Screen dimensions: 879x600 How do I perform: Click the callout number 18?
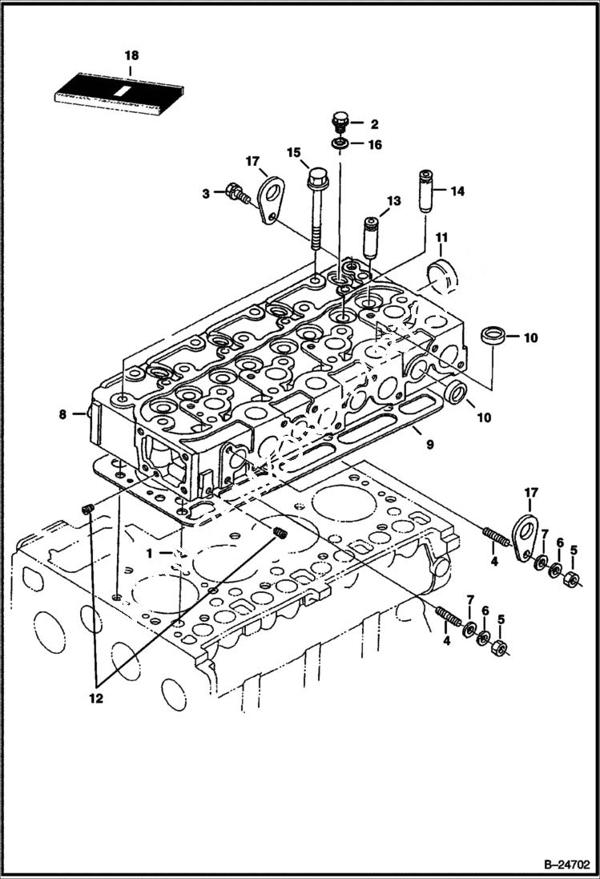tap(131, 55)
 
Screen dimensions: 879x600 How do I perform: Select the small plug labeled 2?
tap(340, 123)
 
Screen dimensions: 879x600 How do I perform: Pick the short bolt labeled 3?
tap(235, 193)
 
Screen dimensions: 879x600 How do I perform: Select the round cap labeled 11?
tap(442, 272)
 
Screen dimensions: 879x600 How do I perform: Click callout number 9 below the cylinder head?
tap(430, 442)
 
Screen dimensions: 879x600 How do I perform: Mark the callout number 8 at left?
tap(62, 414)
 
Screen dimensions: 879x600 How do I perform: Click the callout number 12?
tap(96, 698)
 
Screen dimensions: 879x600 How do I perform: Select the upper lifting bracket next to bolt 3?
tap(272, 199)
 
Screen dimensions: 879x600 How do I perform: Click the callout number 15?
tap(293, 152)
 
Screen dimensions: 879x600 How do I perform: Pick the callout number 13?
tap(392, 200)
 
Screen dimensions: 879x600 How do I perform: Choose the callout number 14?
tap(457, 191)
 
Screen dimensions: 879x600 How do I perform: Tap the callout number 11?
tap(441, 237)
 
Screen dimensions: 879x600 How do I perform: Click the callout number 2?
tap(373, 123)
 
